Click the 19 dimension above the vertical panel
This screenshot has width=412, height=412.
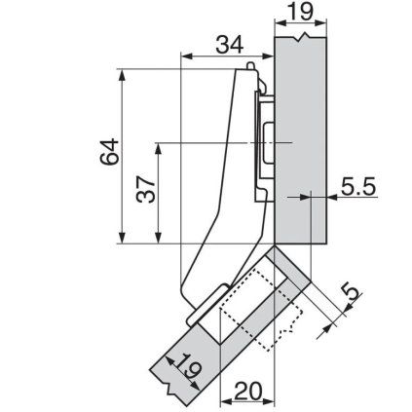(x=300, y=14)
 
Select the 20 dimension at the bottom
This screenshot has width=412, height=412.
(x=248, y=390)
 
